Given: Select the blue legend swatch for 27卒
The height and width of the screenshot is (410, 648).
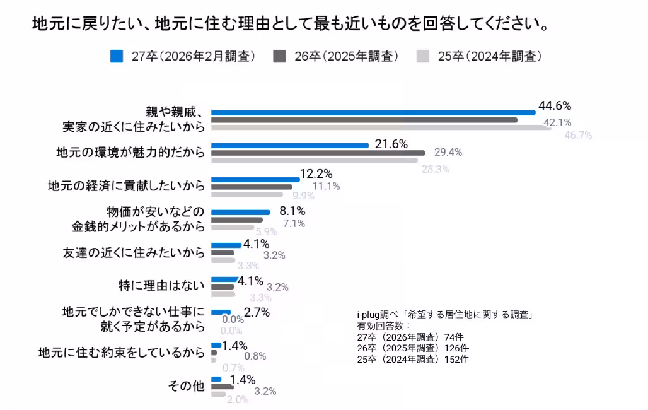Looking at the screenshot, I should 116,56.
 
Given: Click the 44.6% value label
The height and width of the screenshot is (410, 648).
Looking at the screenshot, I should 555,105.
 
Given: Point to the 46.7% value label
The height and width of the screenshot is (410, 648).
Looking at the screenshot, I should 578,135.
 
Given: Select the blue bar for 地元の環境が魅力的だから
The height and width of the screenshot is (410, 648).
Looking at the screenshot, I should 289,145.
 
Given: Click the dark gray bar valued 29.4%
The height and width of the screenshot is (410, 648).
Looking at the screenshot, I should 318,153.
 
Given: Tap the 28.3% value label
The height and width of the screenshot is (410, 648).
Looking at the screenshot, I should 436,169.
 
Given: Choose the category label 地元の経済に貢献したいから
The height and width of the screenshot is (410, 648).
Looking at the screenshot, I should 127,186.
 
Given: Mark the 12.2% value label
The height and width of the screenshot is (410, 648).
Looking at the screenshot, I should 316,173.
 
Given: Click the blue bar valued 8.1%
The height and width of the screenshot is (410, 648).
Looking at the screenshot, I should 240,213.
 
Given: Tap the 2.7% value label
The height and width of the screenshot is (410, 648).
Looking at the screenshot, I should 257,312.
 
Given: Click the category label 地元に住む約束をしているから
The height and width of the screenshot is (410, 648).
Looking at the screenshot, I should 122,352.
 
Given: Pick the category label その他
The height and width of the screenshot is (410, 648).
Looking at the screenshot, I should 186,386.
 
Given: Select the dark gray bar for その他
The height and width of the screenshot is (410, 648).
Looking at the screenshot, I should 222,387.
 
